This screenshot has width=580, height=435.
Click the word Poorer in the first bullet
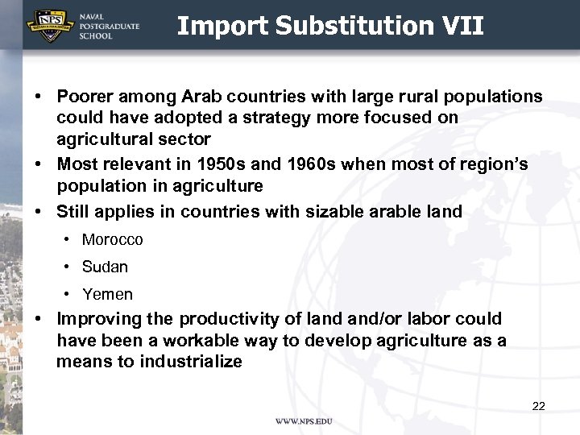tap(86, 97)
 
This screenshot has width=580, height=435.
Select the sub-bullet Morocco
tap(112, 239)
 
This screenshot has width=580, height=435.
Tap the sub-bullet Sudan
tap(105, 267)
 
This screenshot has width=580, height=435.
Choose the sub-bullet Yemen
tap(107, 294)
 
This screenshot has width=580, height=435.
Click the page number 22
tap(538, 406)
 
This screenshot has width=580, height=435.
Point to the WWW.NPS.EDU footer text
tap(304, 421)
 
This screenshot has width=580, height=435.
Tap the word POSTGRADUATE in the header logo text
tap(110, 27)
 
